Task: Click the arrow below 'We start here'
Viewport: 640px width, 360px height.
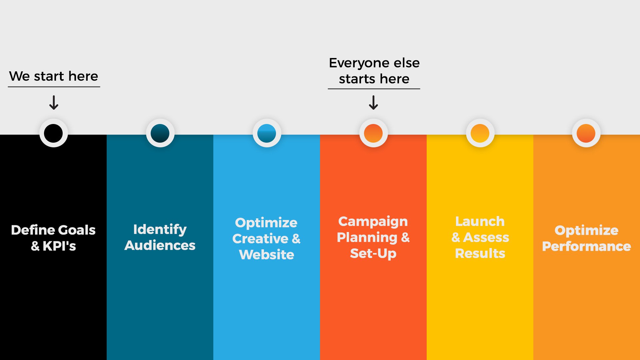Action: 54,103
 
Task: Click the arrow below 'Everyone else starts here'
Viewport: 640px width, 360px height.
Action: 373,103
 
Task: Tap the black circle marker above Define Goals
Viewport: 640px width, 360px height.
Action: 53,133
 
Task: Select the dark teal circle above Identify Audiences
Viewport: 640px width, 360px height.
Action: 160,133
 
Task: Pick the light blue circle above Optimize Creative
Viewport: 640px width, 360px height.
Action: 267,133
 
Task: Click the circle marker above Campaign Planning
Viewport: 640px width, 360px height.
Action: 373,133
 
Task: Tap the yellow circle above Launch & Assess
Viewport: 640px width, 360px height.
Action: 480,133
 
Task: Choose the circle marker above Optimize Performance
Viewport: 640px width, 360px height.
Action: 586,133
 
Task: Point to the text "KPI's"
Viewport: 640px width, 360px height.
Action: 59,246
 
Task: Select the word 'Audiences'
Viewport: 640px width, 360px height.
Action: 160,245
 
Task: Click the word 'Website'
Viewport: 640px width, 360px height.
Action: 267,255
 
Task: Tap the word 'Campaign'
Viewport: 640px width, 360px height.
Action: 373,222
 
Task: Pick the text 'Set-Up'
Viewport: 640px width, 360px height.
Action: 373,253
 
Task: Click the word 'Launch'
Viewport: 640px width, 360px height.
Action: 480,221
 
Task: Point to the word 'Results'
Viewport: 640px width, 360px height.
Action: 480,253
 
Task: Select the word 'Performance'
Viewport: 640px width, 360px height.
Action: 586,246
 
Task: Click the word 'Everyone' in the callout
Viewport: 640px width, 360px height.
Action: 354,63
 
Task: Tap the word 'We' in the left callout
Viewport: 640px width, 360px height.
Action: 19,76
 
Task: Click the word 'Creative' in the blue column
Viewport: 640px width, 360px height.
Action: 260,239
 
